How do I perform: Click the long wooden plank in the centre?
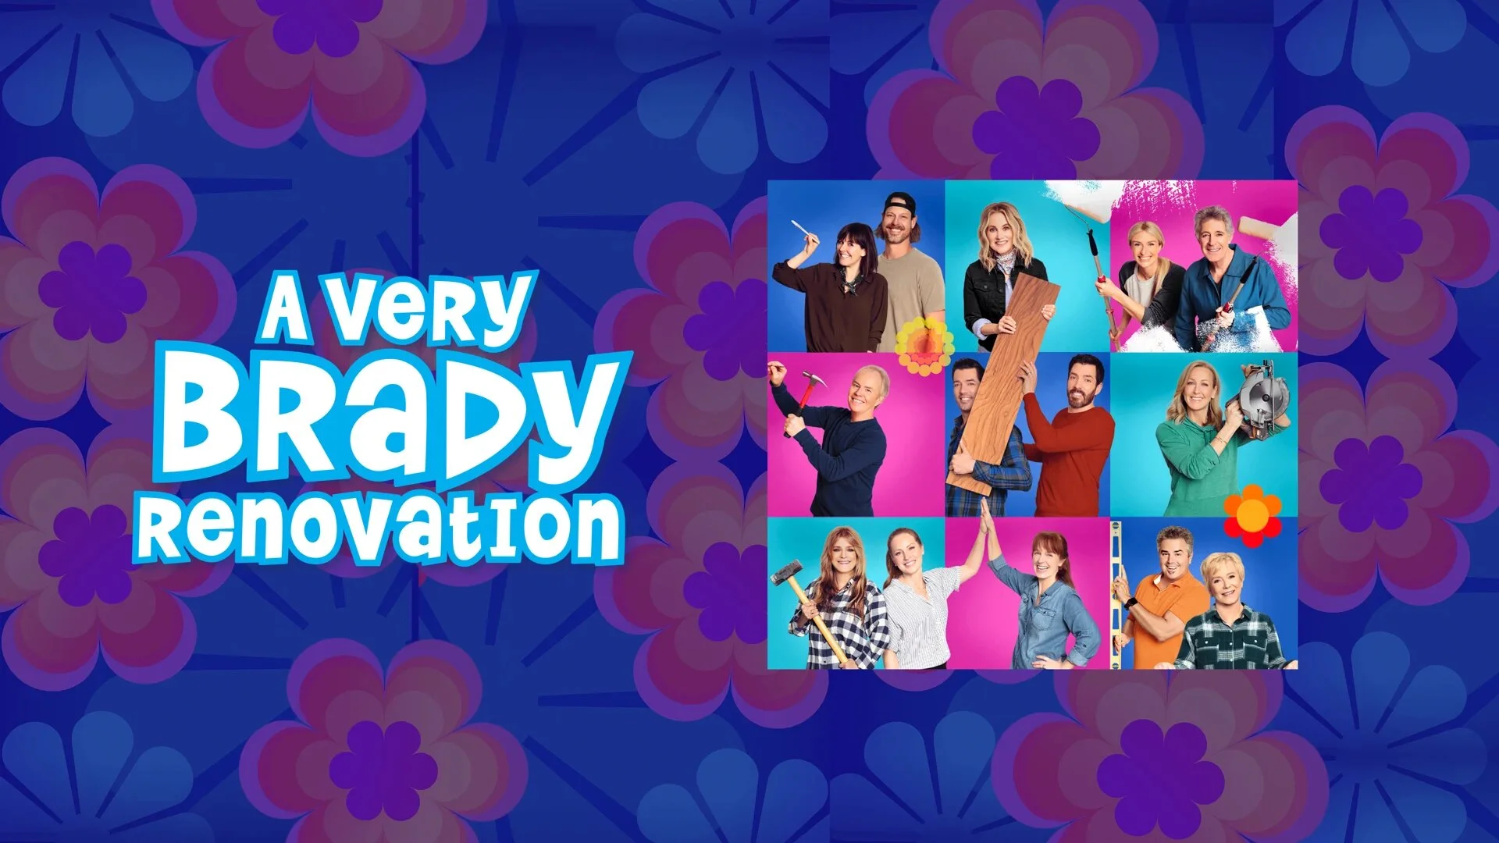pos(1004,382)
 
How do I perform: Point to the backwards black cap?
pos(900,204)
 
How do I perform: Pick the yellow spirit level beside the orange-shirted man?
pos(1117,593)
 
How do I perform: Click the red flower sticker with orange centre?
pos(1252,513)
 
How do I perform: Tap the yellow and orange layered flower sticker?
pos(924,344)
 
